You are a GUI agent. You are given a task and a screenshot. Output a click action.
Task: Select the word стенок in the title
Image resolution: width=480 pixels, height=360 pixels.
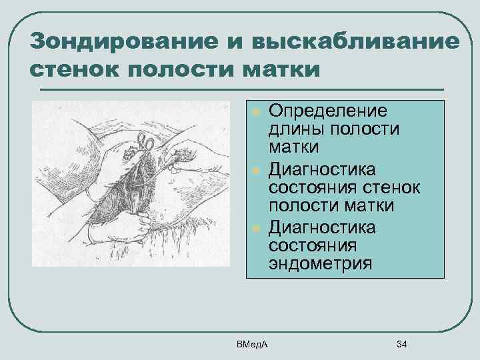(x=75, y=68)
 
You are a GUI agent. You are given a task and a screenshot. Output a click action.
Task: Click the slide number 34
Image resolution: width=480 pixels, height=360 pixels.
(x=401, y=344)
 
